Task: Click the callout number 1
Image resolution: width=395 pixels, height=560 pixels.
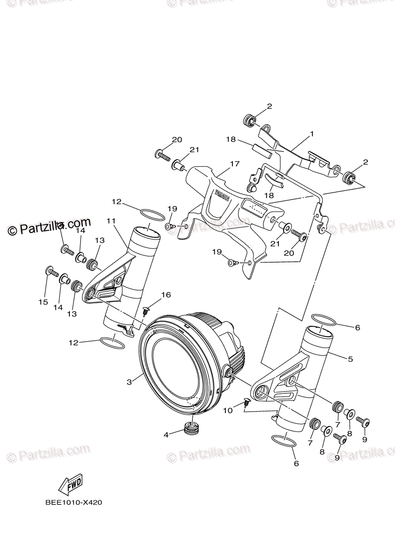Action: [x=312, y=134]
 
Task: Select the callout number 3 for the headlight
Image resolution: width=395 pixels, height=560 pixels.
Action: [x=129, y=381]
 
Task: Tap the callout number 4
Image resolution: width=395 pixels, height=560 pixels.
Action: [x=166, y=434]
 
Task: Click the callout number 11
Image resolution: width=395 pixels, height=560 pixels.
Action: [x=110, y=220]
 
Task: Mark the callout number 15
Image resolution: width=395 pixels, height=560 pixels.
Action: [x=43, y=302]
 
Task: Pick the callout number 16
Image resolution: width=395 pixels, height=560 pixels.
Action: [x=166, y=294]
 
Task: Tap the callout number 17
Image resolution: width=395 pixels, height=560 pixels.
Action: [x=234, y=164]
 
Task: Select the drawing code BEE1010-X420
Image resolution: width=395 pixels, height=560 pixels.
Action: [x=74, y=503]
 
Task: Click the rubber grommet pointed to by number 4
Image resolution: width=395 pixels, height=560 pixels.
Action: [x=191, y=428]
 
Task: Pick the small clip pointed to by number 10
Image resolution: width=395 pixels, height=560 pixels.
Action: [x=247, y=402]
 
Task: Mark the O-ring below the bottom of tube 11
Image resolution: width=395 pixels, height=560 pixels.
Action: [x=112, y=343]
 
